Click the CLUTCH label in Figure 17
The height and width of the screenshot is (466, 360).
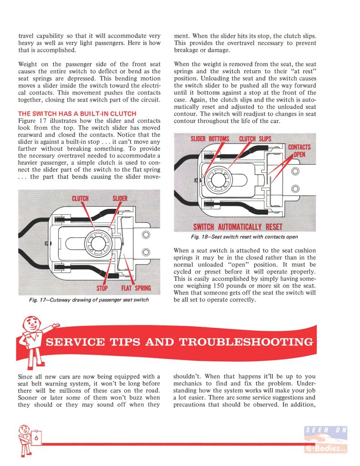[80, 198]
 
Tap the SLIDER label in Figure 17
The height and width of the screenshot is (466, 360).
[120, 198]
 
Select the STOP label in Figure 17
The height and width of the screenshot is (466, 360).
[101, 289]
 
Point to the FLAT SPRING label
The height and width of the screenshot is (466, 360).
[136, 289]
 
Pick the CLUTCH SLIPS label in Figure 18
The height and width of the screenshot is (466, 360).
[255, 138]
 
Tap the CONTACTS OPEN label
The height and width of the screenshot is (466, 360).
[299, 151]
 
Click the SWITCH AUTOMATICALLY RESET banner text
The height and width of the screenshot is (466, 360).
[238, 227]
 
